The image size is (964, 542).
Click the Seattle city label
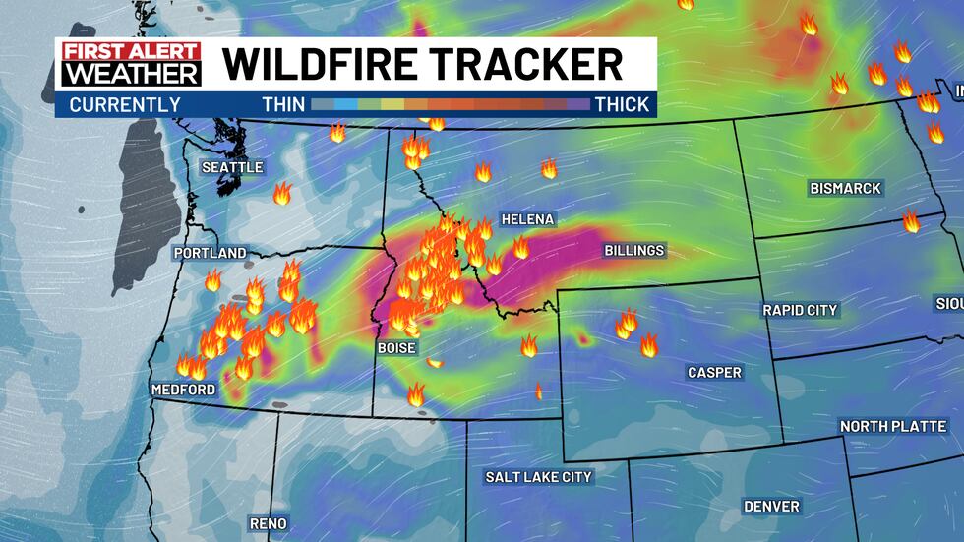tap(232, 167)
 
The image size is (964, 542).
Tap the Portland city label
tap(210, 253)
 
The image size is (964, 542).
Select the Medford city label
tap(183, 390)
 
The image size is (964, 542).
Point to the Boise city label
tap(397, 348)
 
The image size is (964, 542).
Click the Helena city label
tap(527, 219)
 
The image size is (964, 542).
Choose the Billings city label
tap(633, 251)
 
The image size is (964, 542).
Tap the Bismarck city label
tap(845, 188)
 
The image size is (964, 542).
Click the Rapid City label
tap(800, 310)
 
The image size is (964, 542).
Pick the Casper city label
tap(714, 373)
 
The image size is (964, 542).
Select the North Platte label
tap(893, 426)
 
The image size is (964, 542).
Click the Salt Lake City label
tap(538, 477)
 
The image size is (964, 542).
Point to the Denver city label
tap(771, 506)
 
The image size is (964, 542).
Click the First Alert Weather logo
tap(131, 65)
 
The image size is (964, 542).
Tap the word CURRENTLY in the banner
tap(125, 104)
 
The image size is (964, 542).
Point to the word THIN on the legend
tap(282, 104)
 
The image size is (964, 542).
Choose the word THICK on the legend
tap(622, 104)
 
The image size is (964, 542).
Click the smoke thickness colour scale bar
tap(450, 104)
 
